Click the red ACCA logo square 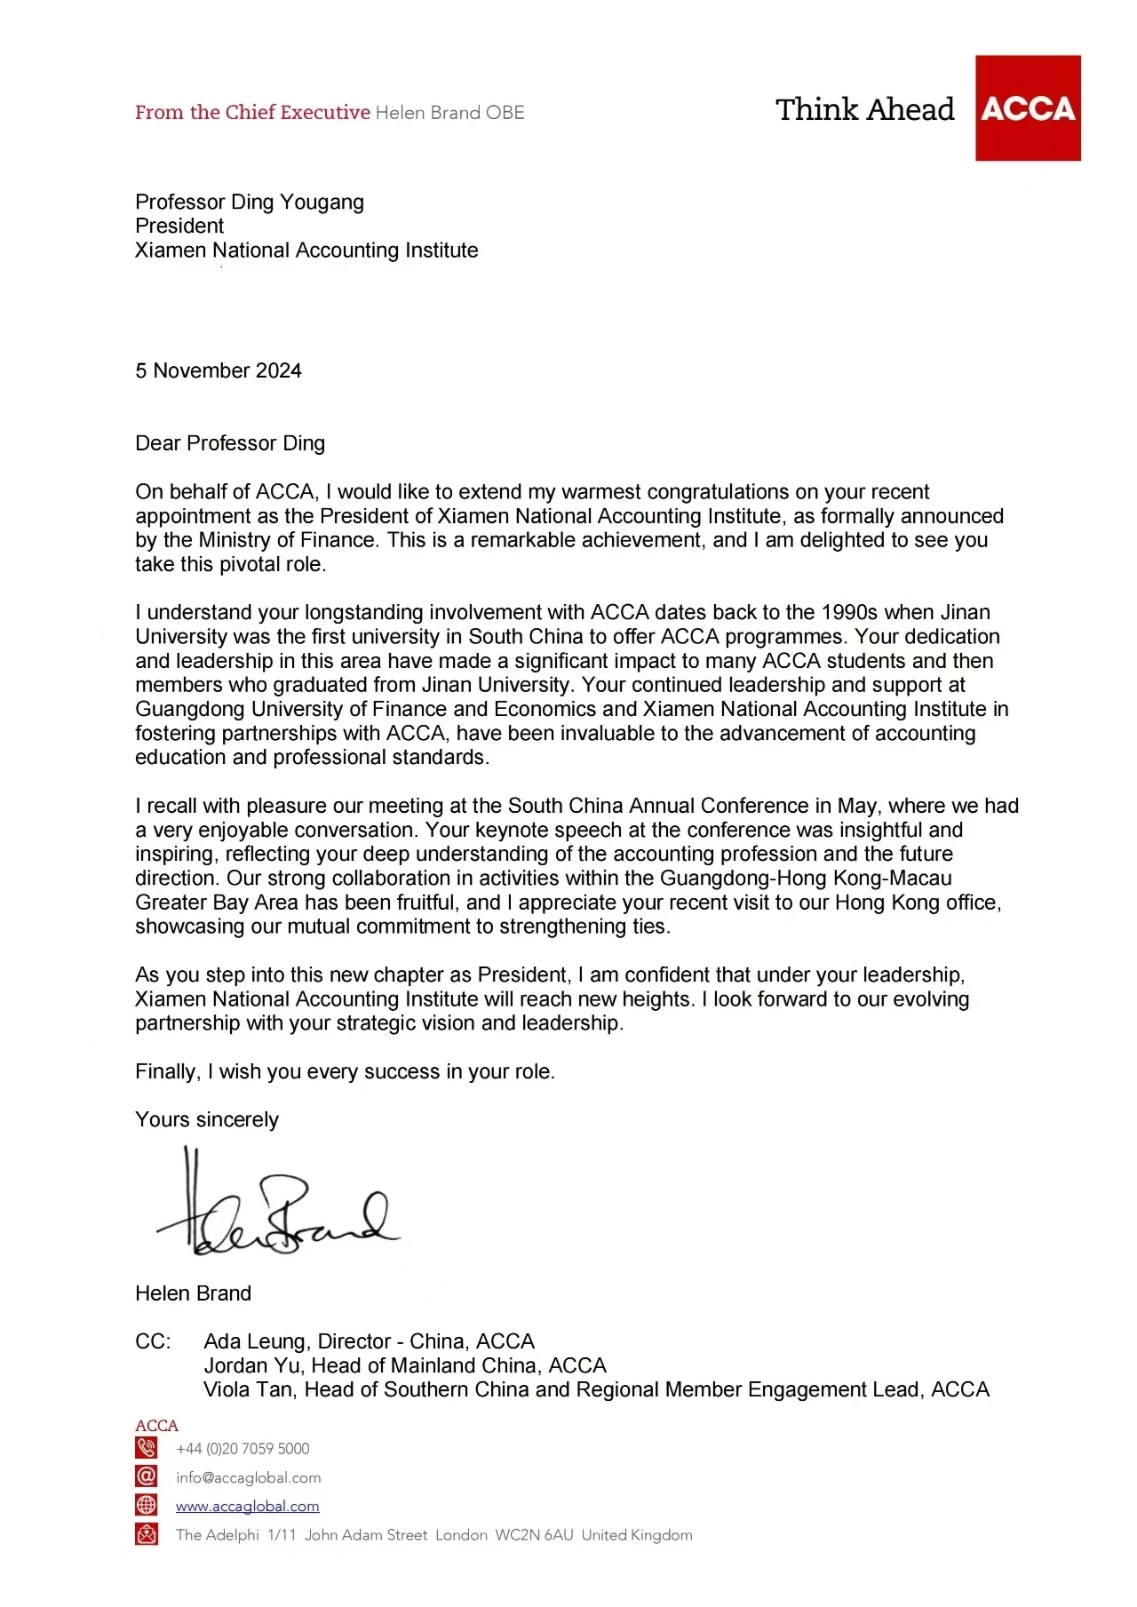point(1028,108)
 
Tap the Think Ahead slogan point(864,110)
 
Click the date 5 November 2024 point(219,371)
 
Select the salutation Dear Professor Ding point(230,443)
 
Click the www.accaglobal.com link point(247,1507)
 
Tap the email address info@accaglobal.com point(248,1478)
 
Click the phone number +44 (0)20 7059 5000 point(243,1450)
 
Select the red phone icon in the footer point(147,1449)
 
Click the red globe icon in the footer point(147,1506)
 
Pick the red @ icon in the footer point(147,1477)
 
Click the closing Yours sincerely point(207,1120)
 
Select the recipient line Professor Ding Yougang point(250,203)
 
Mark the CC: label point(153,1341)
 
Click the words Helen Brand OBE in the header point(449,113)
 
